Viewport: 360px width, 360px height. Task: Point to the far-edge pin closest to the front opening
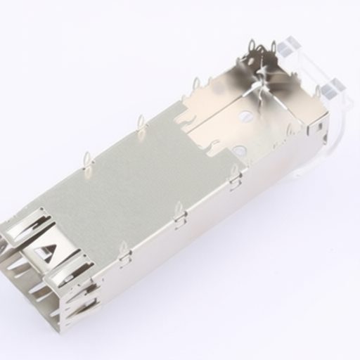88,159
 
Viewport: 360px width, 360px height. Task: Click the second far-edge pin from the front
141,122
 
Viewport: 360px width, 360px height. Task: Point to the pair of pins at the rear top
262,49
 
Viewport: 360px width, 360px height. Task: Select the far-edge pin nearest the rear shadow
195,85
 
